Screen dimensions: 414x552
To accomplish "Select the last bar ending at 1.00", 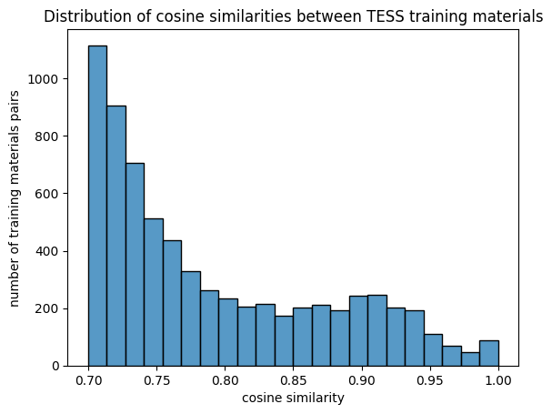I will click(x=488, y=353).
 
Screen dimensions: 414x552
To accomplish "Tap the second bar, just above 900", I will click(x=115, y=236).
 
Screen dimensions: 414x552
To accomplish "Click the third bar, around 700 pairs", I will click(x=135, y=264).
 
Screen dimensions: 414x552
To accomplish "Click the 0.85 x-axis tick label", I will click(x=294, y=381).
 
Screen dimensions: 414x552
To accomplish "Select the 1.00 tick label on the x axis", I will click(x=498, y=381).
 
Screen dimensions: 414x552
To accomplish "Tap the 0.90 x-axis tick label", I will click(x=362, y=381).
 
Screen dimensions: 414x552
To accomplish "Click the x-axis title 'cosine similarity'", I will click(x=293, y=399).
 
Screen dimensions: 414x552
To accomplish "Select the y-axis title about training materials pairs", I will click(x=15, y=198).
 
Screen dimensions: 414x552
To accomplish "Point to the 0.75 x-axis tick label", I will click(x=156, y=381).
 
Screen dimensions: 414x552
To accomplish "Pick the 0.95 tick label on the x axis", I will click(x=430, y=381).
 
